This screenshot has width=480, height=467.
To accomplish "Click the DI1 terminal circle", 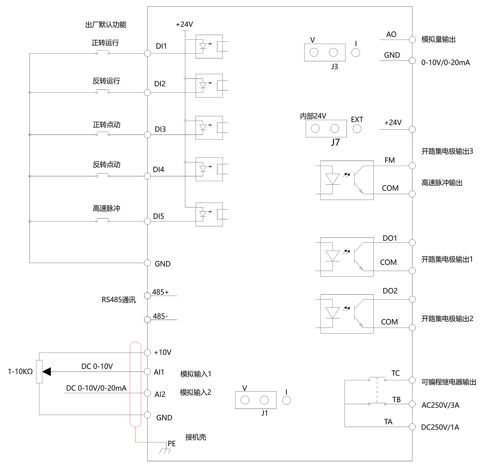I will (x=147, y=53).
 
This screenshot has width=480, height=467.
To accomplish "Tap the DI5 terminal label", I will (x=158, y=216).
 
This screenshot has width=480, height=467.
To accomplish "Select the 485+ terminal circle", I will (x=147, y=296).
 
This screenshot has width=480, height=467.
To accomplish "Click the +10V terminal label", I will (x=162, y=352).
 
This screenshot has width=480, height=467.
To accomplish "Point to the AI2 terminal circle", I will (x=147, y=393).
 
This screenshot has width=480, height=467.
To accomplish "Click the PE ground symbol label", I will (x=172, y=443).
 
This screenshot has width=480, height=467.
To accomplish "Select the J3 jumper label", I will (x=334, y=67).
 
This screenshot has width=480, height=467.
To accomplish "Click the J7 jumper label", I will (x=335, y=142).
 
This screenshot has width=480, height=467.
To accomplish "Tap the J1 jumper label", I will (x=264, y=413).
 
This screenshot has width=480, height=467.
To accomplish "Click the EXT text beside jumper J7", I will (x=357, y=120).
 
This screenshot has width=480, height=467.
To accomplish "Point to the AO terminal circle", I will (x=412, y=40).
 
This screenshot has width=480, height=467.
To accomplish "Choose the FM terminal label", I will (x=390, y=160).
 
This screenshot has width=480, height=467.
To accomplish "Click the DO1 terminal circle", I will (x=412, y=242).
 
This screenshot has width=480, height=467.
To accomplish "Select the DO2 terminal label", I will (x=390, y=291).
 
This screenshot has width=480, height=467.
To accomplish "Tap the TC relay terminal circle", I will (x=412, y=380).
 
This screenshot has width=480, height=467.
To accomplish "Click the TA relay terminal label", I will (x=388, y=422).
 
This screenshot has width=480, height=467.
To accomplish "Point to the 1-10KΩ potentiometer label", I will (x=20, y=372).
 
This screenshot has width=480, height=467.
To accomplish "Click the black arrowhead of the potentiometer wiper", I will (x=47, y=372).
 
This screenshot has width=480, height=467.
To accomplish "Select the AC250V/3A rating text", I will (x=440, y=405).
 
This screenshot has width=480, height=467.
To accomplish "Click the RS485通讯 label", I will (x=118, y=300).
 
